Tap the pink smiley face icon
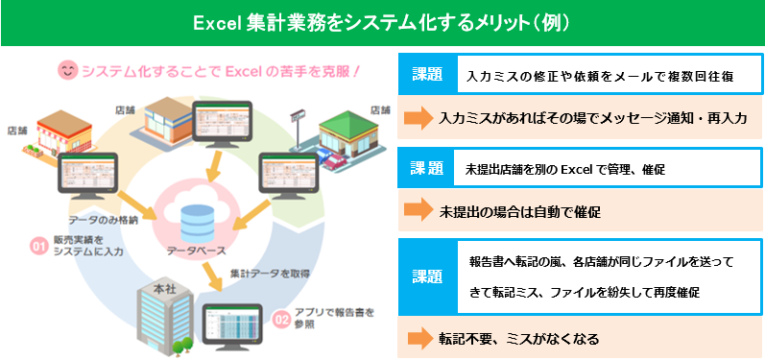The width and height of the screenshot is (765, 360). click(x=68, y=71)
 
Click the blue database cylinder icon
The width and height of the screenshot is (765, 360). click(x=196, y=219)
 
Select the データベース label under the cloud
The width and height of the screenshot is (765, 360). click(x=196, y=252)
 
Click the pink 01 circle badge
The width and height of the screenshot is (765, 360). click(x=39, y=247)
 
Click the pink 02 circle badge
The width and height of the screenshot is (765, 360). click(x=282, y=318)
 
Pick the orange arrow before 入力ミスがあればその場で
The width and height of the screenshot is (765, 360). click(x=418, y=118)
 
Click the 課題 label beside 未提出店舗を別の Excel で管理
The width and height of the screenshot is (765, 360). click(x=421, y=168)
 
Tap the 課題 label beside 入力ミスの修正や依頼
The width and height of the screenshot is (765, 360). click(x=421, y=74)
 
